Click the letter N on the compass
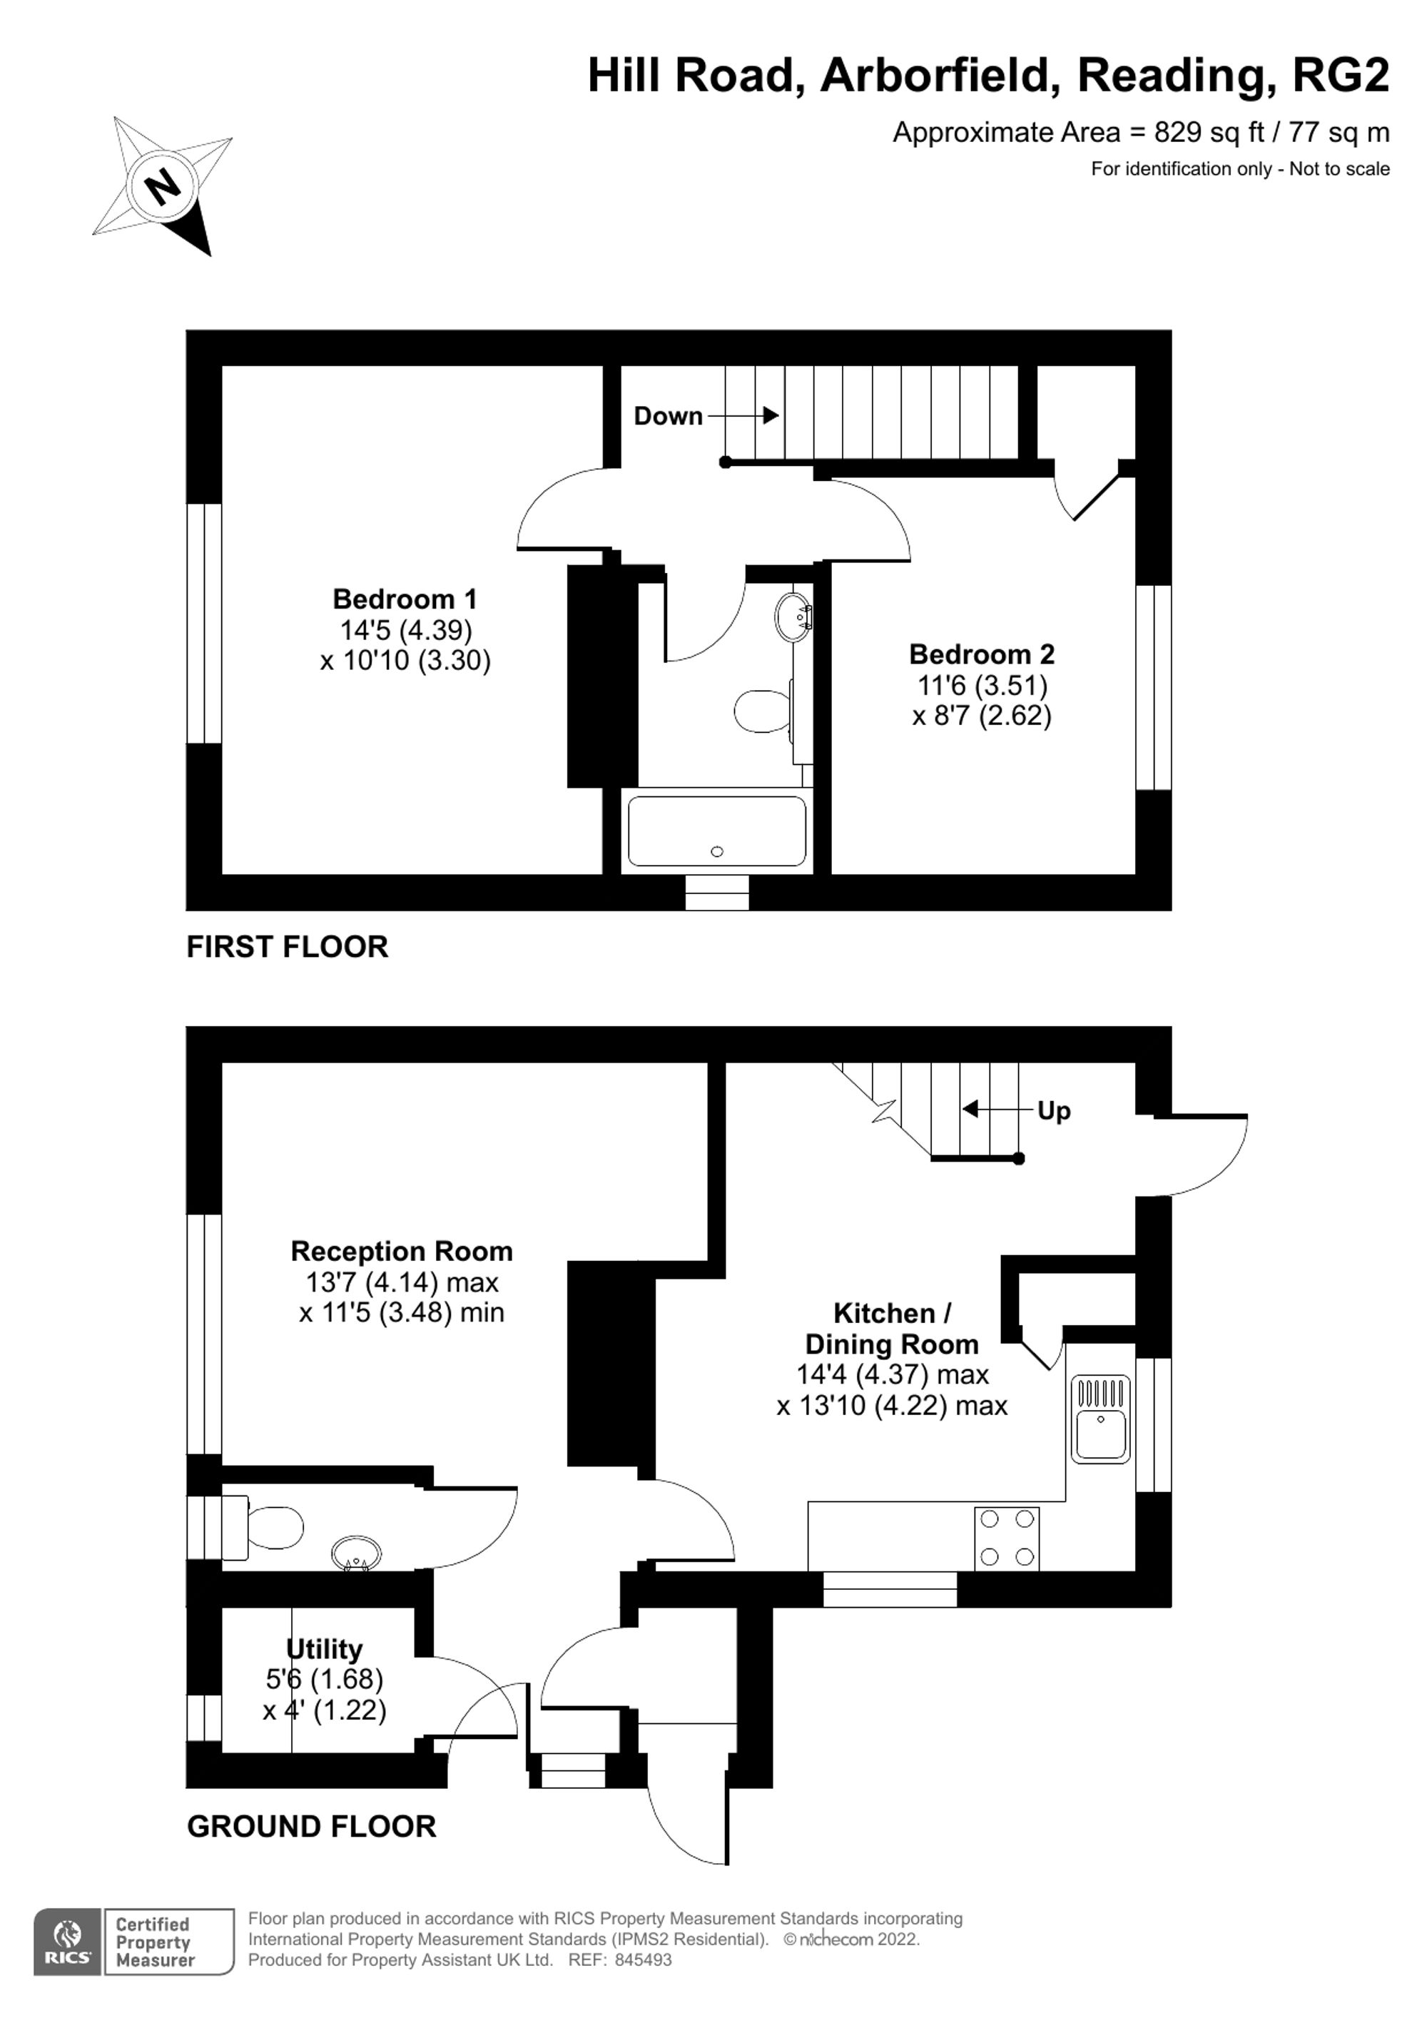(162, 186)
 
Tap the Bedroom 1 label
(405, 599)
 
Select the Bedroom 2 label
(982, 655)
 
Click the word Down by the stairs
(668, 416)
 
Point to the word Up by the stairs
(1054, 1111)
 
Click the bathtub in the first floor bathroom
(716, 831)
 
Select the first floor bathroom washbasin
(793, 617)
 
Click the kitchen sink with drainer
(1100, 1419)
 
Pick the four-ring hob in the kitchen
(1007, 1538)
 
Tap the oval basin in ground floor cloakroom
(357, 1554)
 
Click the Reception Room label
(402, 1252)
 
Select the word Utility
(324, 1649)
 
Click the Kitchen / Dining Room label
(891, 1328)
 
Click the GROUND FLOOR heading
(311, 1826)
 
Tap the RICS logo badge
(68, 1942)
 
